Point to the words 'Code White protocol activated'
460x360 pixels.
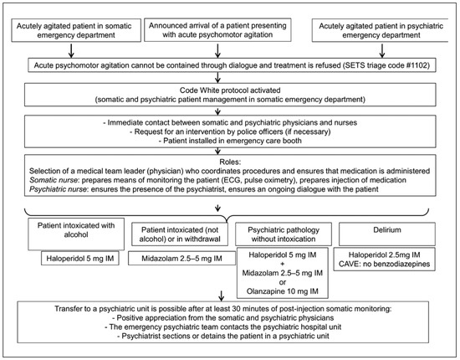(x=230, y=90)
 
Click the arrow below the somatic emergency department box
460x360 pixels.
(x=71, y=50)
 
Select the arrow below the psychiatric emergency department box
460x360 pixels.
(x=382, y=50)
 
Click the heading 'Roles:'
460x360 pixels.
(x=230, y=162)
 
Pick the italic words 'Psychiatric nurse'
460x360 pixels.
(x=58, y=189)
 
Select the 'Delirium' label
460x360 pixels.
(x=387, y=230)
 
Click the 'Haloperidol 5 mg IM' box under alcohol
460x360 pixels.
(x=80, y=259)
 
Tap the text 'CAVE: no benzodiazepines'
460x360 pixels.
(x=385, y=264)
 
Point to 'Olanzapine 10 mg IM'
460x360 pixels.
(x=283, y=291)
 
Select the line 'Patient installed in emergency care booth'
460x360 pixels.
(x=230, y=141)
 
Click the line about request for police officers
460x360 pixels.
(x=230, y=131)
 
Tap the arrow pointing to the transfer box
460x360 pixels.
(x=221, y=296)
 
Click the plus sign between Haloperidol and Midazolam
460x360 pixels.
(x=283, y=264)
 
